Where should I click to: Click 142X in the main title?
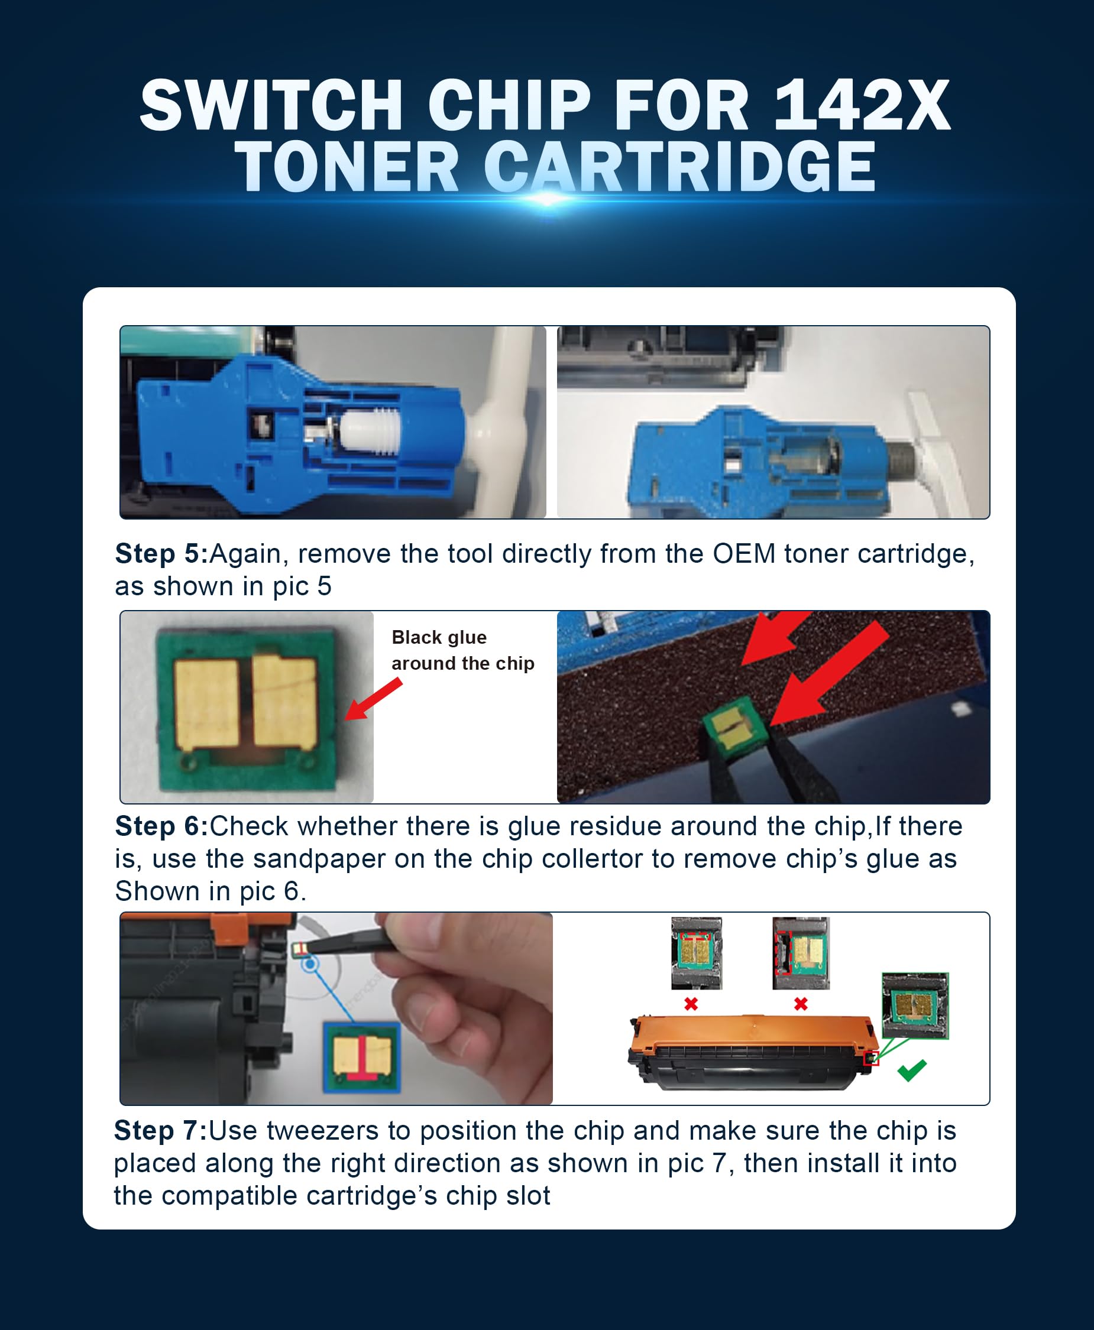(x=861, y=105)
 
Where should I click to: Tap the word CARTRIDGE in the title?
(x=679, y=167)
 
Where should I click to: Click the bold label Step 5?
(x=161, y=554)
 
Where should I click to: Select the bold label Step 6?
(x=161, y=826)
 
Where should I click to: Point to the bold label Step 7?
(x=161, y=1130)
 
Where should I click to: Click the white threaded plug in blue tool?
(x=371, y=430)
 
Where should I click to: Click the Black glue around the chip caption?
(x=462, y=650)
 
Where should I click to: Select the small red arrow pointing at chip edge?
(x=374, y=699)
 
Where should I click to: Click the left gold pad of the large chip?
(x=206, y=703)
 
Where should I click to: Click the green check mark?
(x=911, y=1070)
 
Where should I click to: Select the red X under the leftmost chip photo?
(x=691, y=1004)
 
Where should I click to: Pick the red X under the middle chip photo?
(x=800, y=1004)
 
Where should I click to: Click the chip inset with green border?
(x=915, y=1005)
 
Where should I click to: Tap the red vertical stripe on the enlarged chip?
(x=362, y=1059)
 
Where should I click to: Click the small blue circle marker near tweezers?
(x=309, y=965)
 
